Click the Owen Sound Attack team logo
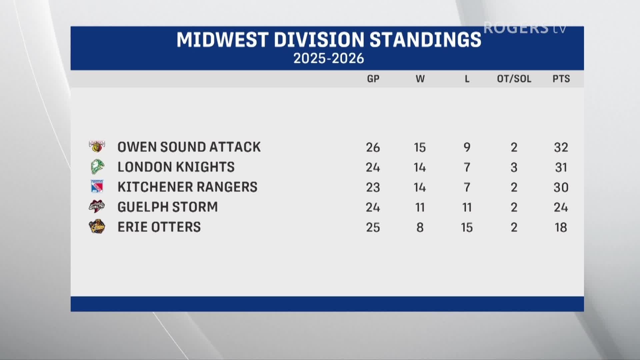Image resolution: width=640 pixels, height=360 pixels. (97, 147)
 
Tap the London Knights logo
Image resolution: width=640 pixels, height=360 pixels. (97, 167)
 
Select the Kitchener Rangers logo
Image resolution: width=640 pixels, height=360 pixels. (97, 187)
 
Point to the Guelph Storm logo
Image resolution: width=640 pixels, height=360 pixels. (97, 207)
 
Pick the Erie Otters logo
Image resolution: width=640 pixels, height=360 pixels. (97, 227)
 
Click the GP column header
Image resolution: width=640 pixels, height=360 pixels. (373, 79)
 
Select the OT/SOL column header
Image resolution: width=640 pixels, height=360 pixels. (514, 79)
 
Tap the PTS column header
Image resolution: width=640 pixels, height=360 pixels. (561, 79)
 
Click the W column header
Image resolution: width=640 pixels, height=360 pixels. (420, 79)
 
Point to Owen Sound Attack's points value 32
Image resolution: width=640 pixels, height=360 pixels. (561, 147)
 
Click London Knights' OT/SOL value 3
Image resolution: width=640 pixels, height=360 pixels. (514, 167)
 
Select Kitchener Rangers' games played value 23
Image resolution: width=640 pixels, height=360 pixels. (373, 187)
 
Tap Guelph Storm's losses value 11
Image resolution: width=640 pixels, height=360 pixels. (467, 207)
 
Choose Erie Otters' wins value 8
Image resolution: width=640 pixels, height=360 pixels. (420, 227)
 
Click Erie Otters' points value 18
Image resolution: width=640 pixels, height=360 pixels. (561, 227)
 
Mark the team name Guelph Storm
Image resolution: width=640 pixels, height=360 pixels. (168, 207)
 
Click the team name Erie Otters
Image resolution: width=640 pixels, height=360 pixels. (159, 227)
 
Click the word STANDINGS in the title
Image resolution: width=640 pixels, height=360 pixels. (426, 40)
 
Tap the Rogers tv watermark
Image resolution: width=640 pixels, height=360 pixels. (525, 28)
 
